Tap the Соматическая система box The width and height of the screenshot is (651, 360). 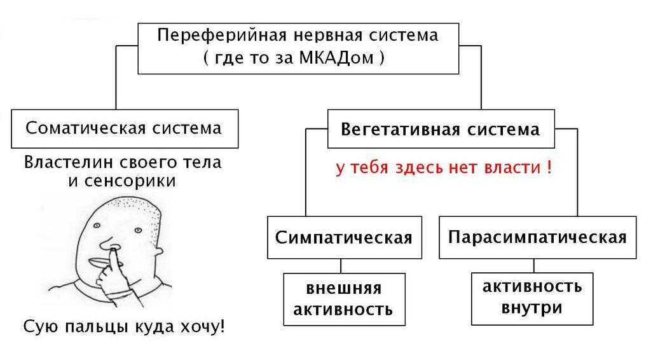click(x=125, y=128)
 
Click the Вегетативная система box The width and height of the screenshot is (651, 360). click(x=441, y=129)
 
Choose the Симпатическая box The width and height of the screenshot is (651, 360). click(x=344, y=237)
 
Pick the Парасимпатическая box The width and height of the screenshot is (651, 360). click(x=537, y=237)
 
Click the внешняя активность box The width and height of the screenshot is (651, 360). click(x=344, y=299)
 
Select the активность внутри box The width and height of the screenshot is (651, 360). click(x=532, y=297)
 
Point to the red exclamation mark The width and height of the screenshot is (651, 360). click(x=548, y=168)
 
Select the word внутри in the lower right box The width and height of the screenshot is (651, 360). click(x=532, y=308)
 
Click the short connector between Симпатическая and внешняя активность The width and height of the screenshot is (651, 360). click(x=341, y=266)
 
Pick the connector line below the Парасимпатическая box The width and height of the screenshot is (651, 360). click(x=533, y=265)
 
